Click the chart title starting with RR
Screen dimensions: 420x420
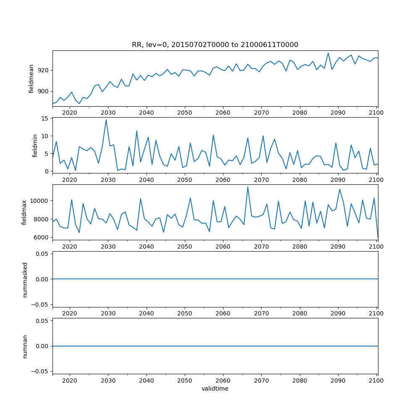(x=215, y=45)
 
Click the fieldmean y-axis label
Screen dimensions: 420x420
(x=31, y=79)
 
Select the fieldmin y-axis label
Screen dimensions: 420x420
(x=35, y=145)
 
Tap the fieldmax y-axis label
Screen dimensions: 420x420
(x=24, y=212)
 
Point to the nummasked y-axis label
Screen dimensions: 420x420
(x=25, y=279)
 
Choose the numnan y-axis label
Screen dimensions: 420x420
(x=25, y=346)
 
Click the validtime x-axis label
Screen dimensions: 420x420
(x=215, y=388)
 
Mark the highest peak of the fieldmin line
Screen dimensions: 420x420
(x=106, y=120)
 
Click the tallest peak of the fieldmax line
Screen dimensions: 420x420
(x=248, y=187)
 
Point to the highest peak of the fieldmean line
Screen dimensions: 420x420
(x=328, y=53)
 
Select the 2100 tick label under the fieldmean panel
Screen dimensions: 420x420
(x=376, y=113)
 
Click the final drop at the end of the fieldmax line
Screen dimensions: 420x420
(x=378, y=238)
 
